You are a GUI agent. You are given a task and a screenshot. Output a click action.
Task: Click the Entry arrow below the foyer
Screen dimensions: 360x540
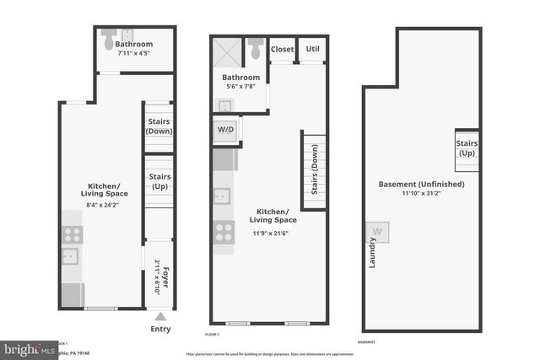[x=159, y=316]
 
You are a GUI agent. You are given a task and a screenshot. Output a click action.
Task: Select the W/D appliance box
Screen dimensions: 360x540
[x=224, y=131]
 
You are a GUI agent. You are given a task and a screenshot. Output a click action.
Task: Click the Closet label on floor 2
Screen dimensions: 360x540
[x=282, y=50]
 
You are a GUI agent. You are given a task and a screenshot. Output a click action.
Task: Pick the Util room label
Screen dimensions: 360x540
[x=313, y=49]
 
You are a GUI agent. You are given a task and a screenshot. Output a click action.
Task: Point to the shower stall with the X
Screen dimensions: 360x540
[x=226, y=51]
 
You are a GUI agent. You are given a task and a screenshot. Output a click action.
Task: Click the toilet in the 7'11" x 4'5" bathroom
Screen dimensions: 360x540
[x=109, y=41]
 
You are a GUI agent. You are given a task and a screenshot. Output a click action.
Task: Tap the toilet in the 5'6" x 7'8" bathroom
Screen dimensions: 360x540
[x=256, y=48]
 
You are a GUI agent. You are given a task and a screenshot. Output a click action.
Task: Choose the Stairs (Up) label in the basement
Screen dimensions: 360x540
[x=467, y=148]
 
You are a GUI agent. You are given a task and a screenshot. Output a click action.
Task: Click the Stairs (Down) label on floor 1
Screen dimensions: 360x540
[x=159, y=126]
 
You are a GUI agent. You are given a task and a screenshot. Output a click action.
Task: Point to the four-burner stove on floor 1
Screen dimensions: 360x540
[x=73, y=235]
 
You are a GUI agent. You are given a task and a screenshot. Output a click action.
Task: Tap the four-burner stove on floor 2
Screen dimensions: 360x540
[x=224, y=230]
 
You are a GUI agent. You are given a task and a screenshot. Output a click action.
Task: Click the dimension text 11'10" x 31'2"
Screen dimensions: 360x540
[x=421, y=192]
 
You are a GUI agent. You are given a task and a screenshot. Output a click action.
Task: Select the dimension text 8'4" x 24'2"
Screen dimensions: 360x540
[x=105, y=204]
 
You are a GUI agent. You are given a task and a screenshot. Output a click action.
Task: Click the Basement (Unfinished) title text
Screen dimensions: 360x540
[x=421, y=183]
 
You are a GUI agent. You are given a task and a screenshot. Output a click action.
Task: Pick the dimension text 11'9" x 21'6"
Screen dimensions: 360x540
[x=273, y=233]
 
